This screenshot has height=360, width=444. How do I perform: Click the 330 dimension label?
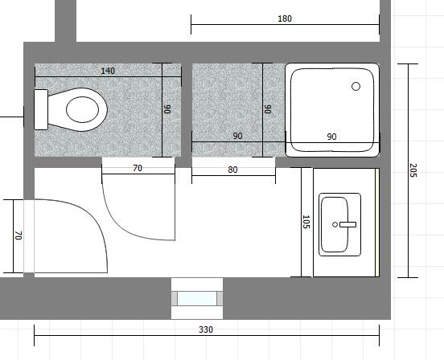(x=206, y=329)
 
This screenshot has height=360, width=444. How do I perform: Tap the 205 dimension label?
(x=413, y=170)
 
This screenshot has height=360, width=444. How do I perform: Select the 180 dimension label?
(x=285, y=18)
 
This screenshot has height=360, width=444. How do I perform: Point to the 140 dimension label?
(x=108, y=71)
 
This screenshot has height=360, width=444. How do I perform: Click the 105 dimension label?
(x=306, y=222)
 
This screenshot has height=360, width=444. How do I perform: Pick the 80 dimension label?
(x=232, y=170)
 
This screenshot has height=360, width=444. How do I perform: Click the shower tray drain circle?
(x=356, y=86)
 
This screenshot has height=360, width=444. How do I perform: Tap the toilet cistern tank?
(x=41, y=110)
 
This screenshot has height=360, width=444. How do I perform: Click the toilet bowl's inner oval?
(x=82, y=109)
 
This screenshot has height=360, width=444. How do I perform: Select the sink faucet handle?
(x=347, y=224)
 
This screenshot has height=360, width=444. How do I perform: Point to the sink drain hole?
(x=335, y=224)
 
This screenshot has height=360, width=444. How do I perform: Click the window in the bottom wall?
(x=197, y=298)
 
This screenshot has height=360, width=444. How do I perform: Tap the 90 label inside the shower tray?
(x=331, y=137)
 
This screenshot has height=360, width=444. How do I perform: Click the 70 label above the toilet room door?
(x=138, y=168)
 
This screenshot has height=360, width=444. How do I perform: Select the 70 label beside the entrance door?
(x=18, y=235)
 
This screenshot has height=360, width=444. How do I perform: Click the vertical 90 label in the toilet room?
(x=167, y=109)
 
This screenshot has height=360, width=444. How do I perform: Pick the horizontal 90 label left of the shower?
(x=237, y=136)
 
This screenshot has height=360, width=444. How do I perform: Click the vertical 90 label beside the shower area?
(x=268, y=109)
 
